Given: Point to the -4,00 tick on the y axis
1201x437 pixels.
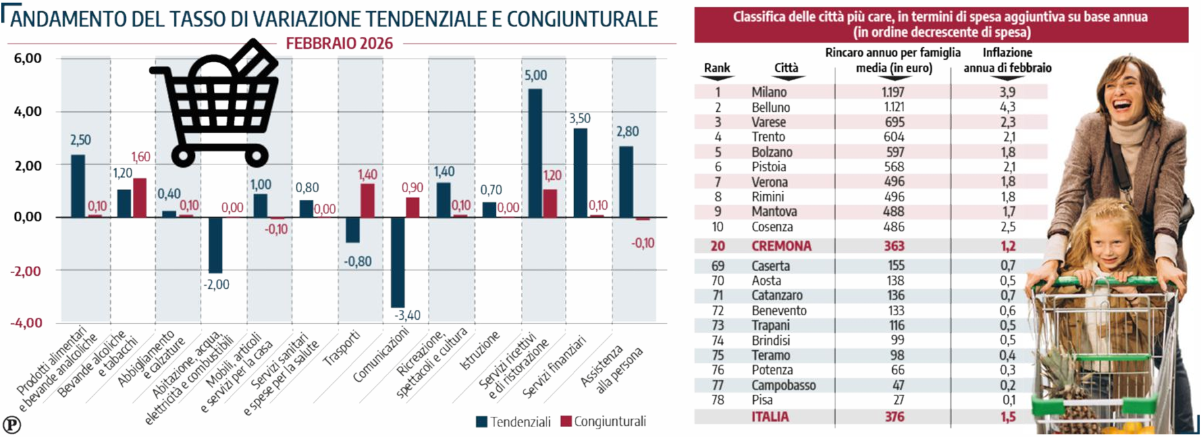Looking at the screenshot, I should click(26, 323).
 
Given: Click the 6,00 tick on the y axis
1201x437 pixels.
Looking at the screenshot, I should click(28, 59).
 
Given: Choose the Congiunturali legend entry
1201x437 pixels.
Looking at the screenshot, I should click(603, 422).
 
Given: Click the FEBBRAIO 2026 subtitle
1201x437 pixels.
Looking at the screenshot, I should click(339, 43).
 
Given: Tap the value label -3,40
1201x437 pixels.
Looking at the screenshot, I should click(408, 315).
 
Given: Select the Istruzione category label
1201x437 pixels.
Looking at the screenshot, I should click(479, 351).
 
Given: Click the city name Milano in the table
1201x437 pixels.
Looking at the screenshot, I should click(769, 92).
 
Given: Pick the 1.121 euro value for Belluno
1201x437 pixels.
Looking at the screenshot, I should click(894, 107).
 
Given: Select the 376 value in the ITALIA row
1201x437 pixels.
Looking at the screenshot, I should click(894, 417).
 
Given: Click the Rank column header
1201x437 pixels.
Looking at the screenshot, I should click(717, 68).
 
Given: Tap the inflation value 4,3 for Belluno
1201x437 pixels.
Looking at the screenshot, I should click(1007, 107).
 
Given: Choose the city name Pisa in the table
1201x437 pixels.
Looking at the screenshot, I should click(762, 400).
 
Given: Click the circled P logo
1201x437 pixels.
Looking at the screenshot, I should click(12, 424).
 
